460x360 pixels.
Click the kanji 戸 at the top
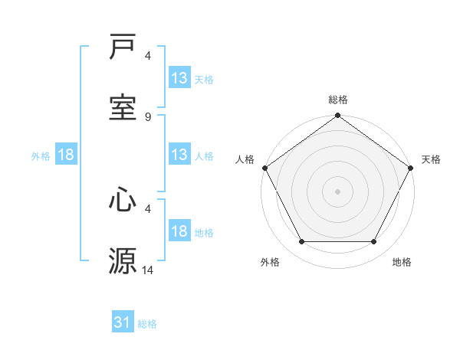[123, 47]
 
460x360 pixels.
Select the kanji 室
[123, 108]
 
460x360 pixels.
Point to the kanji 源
[123, 260]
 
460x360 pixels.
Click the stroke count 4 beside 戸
[148, 56]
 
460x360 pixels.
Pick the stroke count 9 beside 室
[148, 116]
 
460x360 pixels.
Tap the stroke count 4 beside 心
[148, 208]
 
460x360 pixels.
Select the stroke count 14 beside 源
[148, 269]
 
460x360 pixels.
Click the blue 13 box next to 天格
[179, 78]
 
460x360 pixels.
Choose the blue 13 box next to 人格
[179, 155]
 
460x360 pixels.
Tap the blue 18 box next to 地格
[179, 231]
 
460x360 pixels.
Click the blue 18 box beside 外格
[66, 155]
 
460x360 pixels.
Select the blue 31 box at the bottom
[123, 322]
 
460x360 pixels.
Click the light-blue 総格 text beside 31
[147, 324]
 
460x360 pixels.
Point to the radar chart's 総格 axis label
[338, 100]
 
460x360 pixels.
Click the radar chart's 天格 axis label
[431, 159]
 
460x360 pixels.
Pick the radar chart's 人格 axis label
[245, 159]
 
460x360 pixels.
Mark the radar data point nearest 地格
[374, 242]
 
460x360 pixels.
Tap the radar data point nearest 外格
[301, 242]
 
